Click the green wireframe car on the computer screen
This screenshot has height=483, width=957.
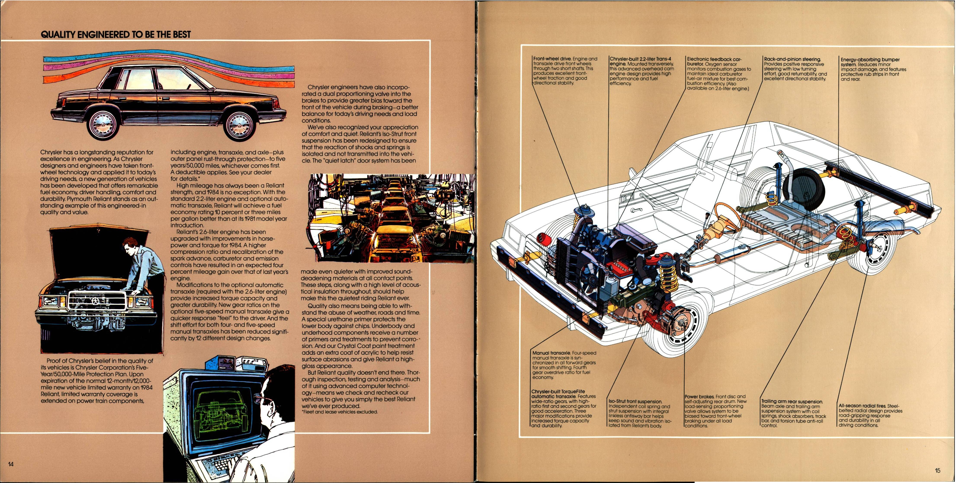pyautogui.click(x=219, y=408)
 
